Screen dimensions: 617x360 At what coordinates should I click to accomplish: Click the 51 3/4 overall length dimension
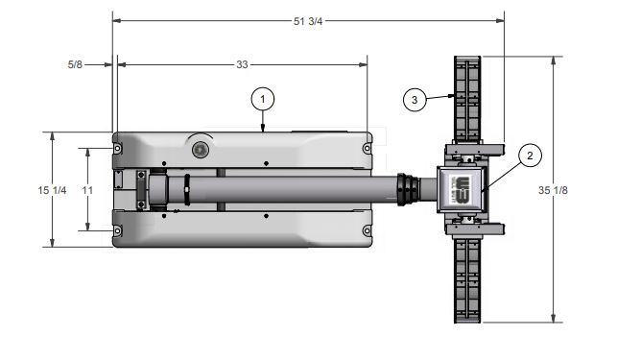[x=308, y=21]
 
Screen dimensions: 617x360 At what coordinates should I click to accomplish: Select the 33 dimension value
[x=242, y=64]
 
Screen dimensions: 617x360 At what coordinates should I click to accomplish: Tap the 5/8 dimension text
[x=75, y=64]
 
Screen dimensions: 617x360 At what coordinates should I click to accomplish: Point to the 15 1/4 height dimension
[x=53, y=190]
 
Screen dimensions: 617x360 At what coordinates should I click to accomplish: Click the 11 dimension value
[x=87, y=190]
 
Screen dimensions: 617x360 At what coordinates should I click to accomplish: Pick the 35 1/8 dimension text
[x=553, y=190]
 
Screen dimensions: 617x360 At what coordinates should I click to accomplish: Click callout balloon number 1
[x=263, y=99]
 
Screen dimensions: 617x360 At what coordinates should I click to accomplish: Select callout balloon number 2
[x=530, y=156]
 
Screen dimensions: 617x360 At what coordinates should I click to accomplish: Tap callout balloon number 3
[x=415, y=100]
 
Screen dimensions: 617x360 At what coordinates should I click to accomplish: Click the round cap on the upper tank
[x=201, y=150]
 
